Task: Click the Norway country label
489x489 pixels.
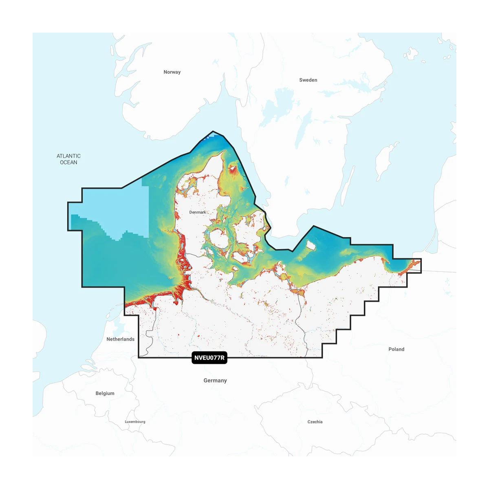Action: (172, 72)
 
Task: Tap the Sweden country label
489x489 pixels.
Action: (308, 80)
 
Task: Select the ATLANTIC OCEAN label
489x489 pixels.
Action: (68, 159)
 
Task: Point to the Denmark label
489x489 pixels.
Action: (198, 212)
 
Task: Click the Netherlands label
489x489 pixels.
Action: (120, 339)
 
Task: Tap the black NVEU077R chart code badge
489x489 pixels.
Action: (209, 358)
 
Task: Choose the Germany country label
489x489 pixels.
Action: (215, 381)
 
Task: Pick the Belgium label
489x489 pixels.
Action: (105, 393)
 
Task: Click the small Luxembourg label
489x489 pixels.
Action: (135, 422)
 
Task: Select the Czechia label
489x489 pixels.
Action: (315, 422)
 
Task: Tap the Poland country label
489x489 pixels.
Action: (396, 349)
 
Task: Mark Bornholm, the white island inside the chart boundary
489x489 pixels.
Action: (311, 245)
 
